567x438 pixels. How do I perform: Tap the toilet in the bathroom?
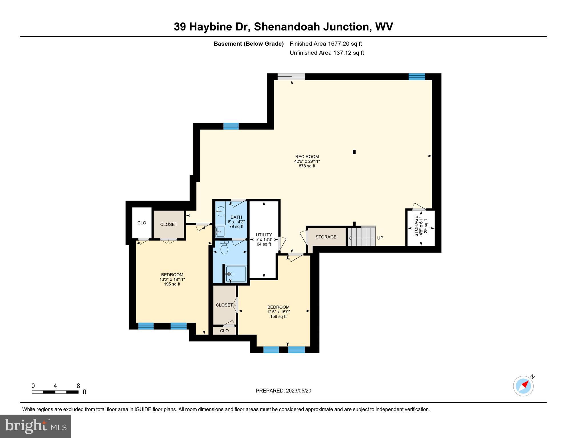pos(224,248)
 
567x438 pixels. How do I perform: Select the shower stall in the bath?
pos(236,274)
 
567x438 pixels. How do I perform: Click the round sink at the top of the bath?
pos(220,211)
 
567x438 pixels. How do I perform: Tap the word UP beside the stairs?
pos(380,238)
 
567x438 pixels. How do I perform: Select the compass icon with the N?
pos(523,386)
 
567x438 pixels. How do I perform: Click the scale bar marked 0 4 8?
pos(55,392)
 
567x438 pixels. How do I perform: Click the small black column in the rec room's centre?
pos(354,152)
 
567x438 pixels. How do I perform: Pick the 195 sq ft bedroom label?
pos(172,279)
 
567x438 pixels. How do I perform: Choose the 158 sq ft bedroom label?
pos(278,312)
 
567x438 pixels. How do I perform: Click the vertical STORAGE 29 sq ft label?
pos(421,226)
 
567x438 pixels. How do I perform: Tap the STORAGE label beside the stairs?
pos(326,237)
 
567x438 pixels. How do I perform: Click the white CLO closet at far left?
pos(142,223)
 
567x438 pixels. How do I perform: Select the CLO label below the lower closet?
pos(224,331)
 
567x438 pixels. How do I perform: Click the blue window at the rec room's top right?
pos(417,76)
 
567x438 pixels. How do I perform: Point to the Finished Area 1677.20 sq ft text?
pos(326,44)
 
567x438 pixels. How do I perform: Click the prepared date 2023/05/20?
pos(283,391)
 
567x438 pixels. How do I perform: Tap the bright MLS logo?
pos(36,426)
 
